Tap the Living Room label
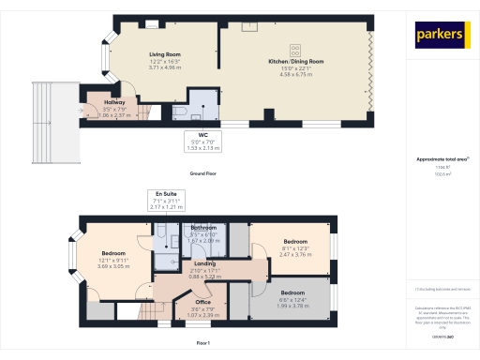[164, 54]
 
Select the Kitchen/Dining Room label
[295, 63]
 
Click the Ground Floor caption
[203, 174]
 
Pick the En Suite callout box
[172, 200]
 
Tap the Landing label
[204, 263]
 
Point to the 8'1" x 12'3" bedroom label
[296, 242]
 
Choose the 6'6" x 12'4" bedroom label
[292, 292]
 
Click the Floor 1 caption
[203, 343]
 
